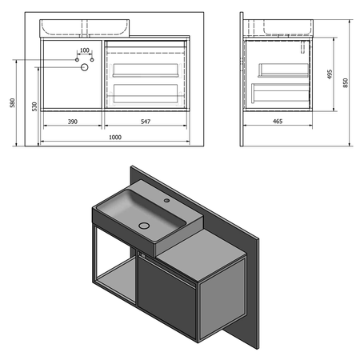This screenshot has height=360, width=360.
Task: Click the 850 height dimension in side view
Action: (x=346, y=82)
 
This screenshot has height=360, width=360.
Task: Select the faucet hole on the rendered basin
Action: (x=168, y=200)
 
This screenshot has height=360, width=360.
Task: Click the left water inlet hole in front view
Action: (x=77, y=60)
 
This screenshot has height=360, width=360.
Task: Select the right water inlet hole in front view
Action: (x=91, y=60)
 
